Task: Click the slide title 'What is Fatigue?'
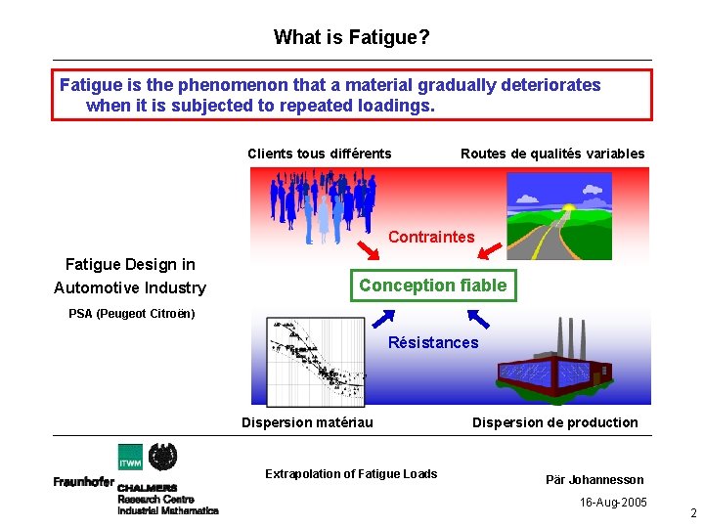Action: point(351,37)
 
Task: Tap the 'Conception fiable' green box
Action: point(433,286)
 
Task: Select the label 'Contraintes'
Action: point(431,237)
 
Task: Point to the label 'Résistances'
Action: point(433,342)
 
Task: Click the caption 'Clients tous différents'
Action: point(320,154)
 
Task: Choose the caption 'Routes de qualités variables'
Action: point(552,154)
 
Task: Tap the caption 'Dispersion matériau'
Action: point(307,422)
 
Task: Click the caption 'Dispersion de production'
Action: point(554,422)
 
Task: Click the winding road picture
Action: point(559,216)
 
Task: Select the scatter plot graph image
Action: point(316,361)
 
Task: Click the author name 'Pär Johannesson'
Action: point(594,479)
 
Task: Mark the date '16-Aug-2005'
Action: point(611,502)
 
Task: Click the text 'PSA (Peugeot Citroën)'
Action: point(131,314)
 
